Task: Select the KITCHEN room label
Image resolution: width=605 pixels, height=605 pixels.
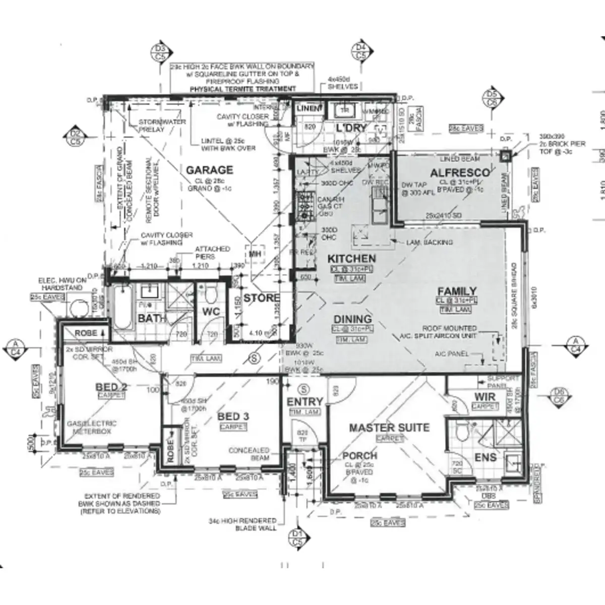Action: [351, 259]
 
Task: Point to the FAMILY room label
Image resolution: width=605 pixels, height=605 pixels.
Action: [457, 291]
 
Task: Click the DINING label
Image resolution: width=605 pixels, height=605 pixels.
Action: [352, 319]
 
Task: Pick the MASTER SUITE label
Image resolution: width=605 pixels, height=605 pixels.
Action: [389, 428]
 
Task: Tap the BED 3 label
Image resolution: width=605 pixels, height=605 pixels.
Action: [233, 416]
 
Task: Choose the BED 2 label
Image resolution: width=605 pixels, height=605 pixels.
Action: [111, 387]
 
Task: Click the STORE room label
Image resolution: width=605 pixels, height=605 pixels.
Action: [261, 298]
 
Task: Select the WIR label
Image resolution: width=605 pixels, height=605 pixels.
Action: [485, 397]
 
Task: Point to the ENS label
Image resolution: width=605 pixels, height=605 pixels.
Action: [486, 457]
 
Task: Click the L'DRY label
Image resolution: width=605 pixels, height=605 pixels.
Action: [351, 128]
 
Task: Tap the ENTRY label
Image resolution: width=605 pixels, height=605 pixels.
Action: [305, 402]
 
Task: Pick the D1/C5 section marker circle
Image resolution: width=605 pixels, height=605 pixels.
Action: [297, 538]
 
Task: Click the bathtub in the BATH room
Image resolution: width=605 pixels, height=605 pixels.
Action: [122, 307]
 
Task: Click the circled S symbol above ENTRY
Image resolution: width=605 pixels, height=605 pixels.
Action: [304, 389]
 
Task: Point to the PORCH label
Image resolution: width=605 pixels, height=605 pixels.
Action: [359, 455]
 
